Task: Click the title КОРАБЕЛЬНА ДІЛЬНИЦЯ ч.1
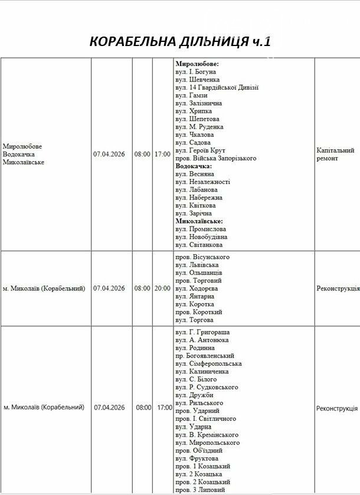tap(179, 41)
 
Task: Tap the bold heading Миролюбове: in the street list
tap(197, 64)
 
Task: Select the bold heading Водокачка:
tap(194, 166)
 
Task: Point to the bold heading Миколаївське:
tap(199, 221)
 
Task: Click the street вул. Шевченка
tap(198, 80)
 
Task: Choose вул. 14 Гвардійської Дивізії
tap(217, 87)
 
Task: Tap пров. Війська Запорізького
tap(216, 158)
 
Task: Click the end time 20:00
tap(162, 289)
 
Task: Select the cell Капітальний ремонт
tap(335, 155)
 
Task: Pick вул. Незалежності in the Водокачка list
tap(203, 182)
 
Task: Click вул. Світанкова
tap(199, 245)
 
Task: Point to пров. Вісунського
tap(202, 257)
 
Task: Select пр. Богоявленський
tap(205, 356)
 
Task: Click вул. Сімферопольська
tap(208, 363)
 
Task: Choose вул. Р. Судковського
tap(207, 387)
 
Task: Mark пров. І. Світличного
tap(206, 419)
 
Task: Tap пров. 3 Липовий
tap(200, 490)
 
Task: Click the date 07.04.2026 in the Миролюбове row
tap(109, 154)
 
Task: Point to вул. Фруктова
tap(197, 458)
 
